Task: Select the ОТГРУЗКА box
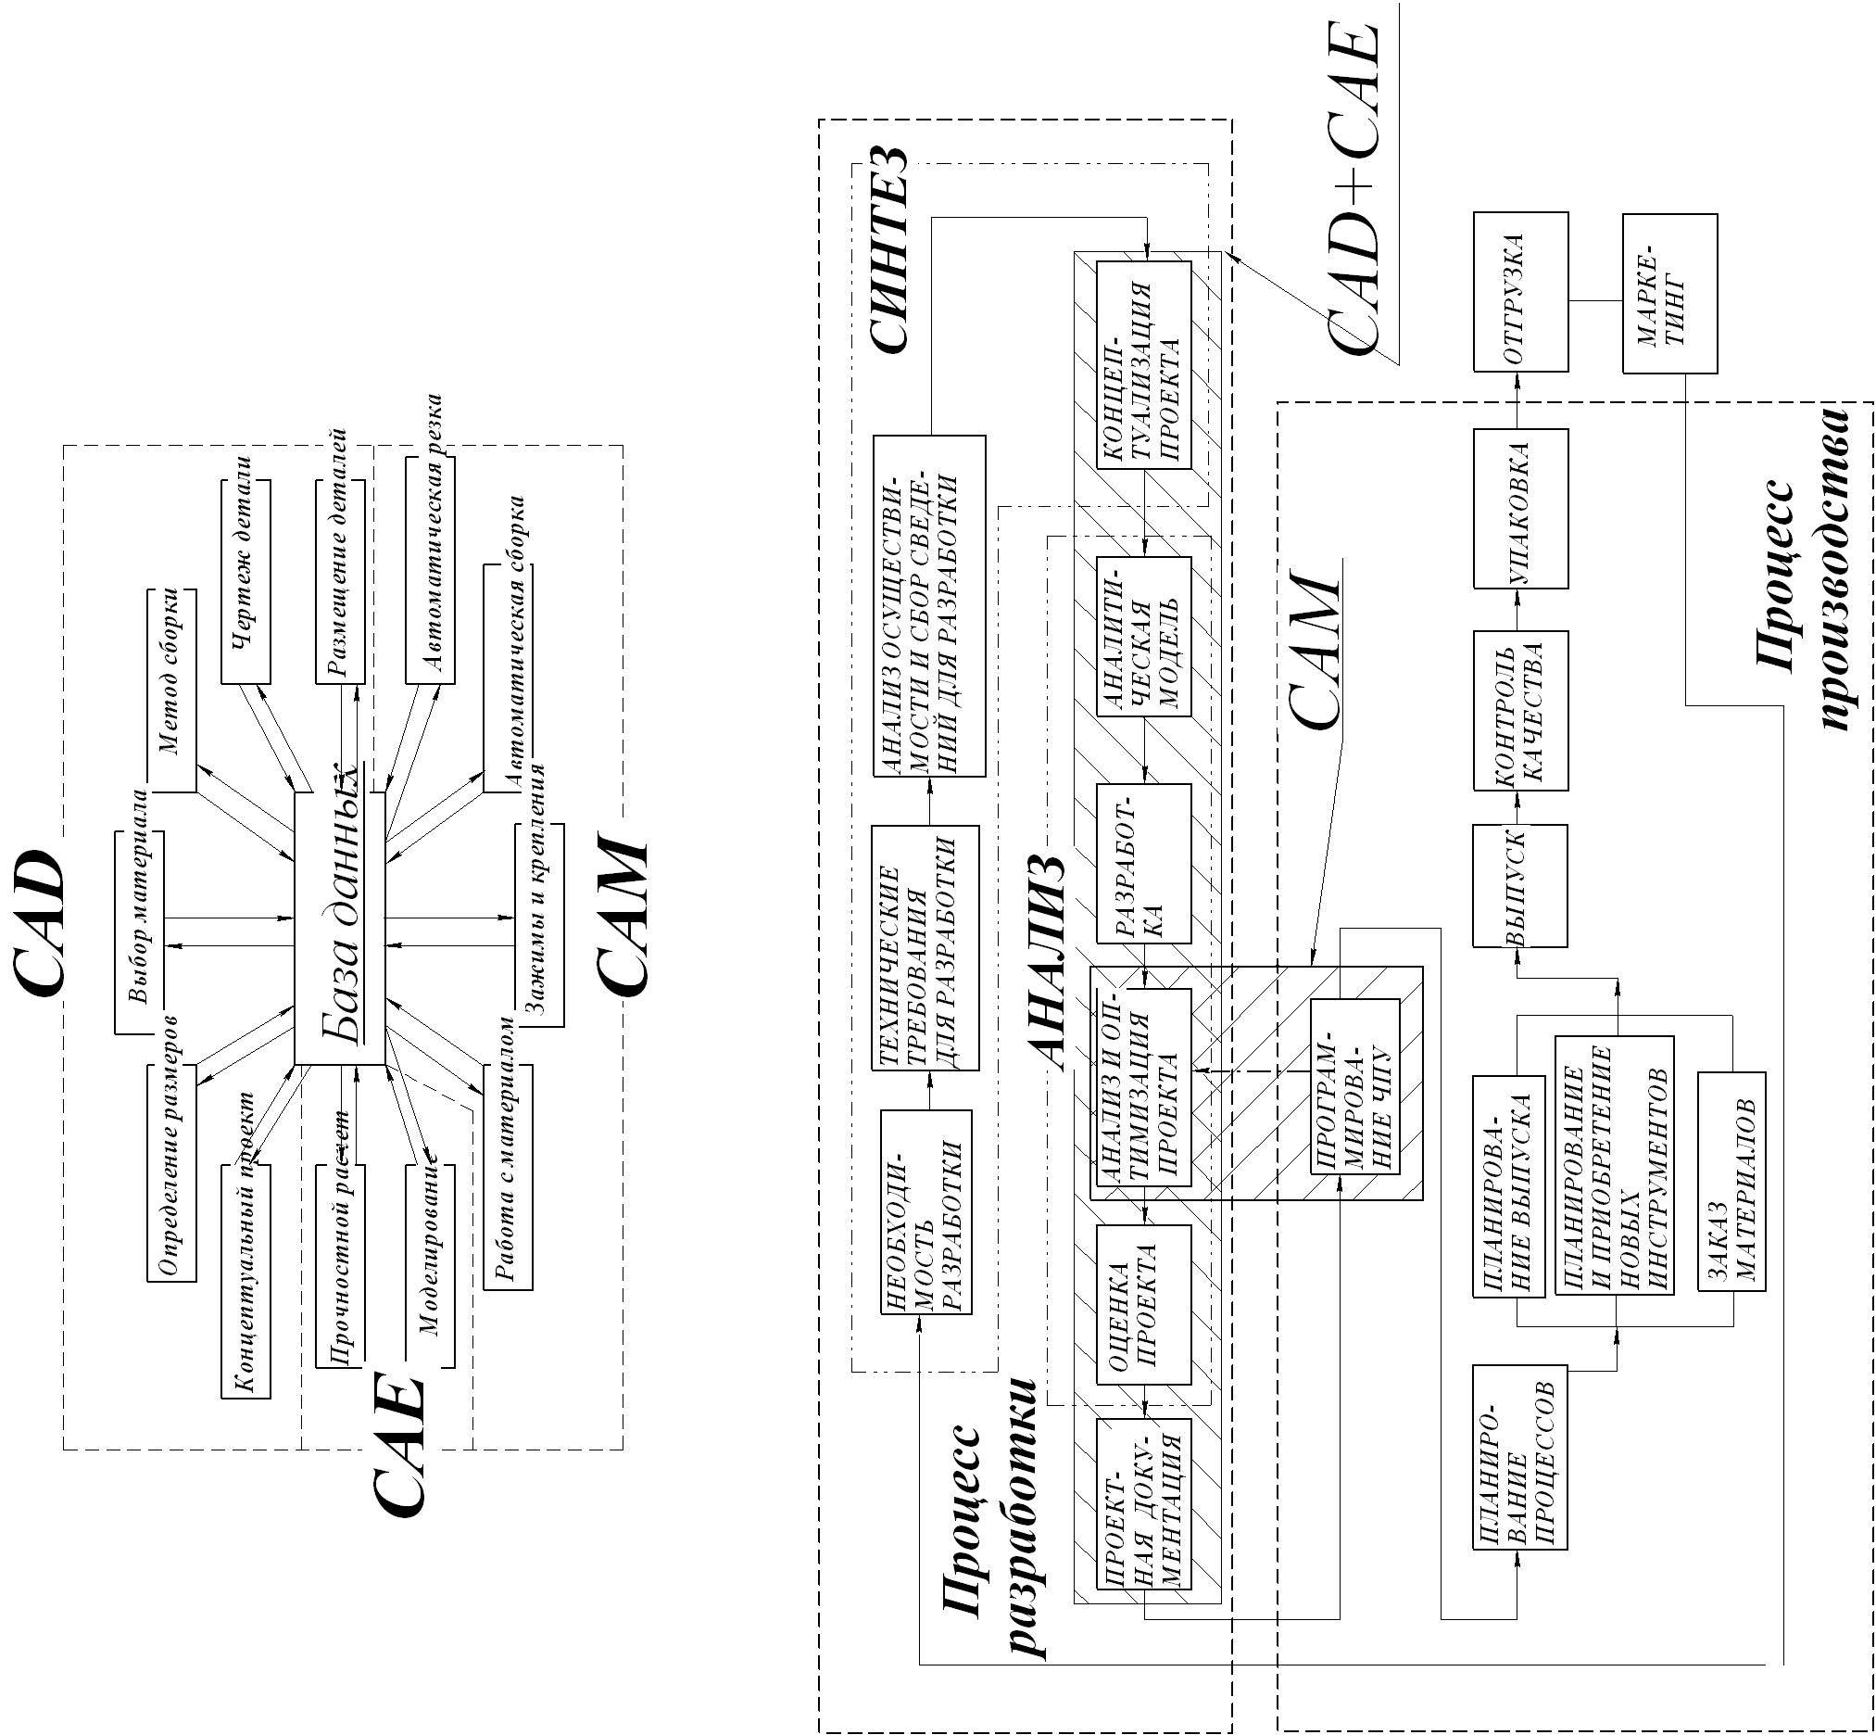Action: coord(1519,292)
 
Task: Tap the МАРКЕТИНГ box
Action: coord(1669,294)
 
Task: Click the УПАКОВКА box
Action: coord(1519,509)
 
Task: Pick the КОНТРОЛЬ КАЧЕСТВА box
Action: coord(1519,710)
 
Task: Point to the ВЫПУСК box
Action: coord(1519,885)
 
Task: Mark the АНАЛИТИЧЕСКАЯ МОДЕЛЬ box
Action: coord(1143,637)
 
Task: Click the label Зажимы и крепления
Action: coord(539,924)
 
